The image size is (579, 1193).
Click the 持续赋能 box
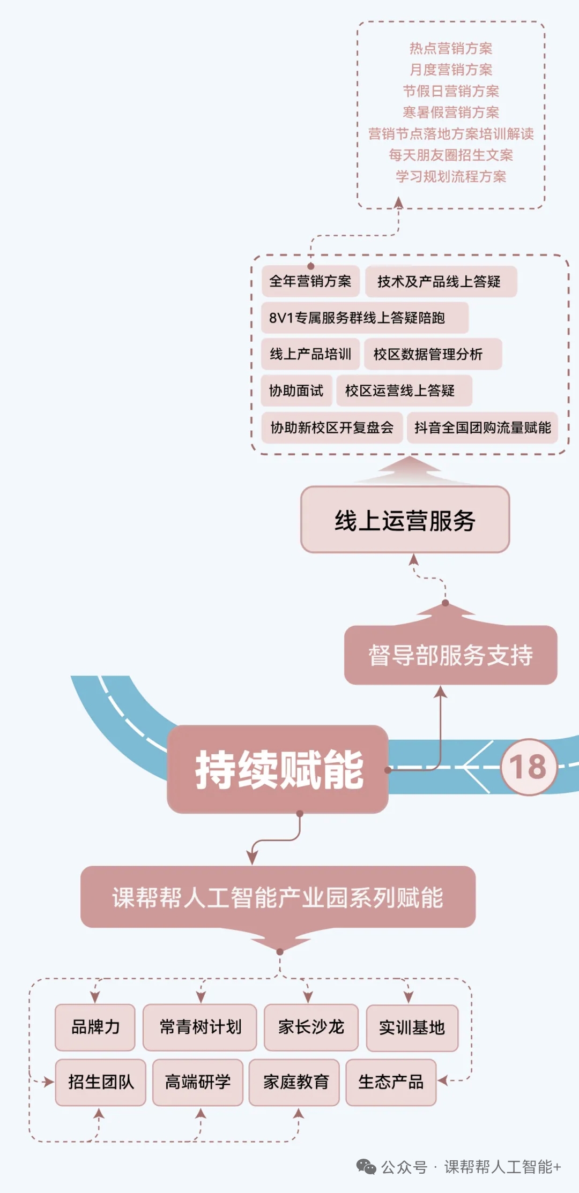pos(278,769)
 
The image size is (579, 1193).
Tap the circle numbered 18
pos(529,767)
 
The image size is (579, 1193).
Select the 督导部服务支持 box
pos(450,655)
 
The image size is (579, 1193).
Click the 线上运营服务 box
pos(405,520)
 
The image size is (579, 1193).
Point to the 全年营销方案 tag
pos(310,281)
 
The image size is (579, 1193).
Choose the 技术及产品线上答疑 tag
pos(440,282)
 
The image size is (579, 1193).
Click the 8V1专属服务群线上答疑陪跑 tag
pos(365,318)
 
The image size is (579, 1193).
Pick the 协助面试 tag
pos(296,391)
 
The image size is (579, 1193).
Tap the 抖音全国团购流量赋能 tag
pos(482,427)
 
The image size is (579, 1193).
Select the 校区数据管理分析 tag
pos(432,354)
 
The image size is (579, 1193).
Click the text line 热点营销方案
pos(451,49)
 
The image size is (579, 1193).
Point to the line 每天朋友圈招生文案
pos(451,155)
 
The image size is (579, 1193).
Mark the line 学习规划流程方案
pos(451,177)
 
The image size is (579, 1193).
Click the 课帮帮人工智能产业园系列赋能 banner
pos(278,897)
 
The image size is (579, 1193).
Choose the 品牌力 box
pos(95,1027)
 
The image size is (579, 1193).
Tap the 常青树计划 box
pos(200,1027)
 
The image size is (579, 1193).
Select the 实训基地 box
pos(412,1027)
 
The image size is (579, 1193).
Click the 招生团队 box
pos(101,1082)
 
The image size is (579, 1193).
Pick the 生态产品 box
pos(391,1082)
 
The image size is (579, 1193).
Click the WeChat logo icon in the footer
pos(366,1167)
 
